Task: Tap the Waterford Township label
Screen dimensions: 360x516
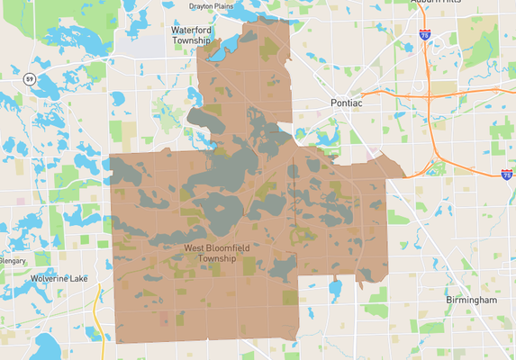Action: [x=191, y=35]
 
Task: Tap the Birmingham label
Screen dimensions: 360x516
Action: [x=471, y=299]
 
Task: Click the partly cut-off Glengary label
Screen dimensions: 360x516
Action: [x=13, y=260]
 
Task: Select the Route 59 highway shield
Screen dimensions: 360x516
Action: [x=31, y=81]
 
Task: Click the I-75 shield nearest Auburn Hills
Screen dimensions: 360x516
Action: [x=423, y=34]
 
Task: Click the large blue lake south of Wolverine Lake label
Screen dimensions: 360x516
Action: [x=50, y=346]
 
